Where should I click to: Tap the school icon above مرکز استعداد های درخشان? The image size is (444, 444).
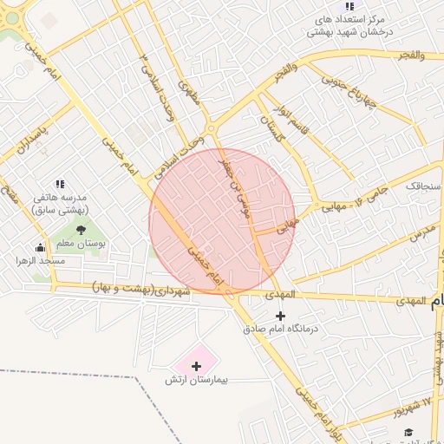(349, 6)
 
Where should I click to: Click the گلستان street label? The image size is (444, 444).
(274, 127)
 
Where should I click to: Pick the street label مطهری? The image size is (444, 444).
(190, 93)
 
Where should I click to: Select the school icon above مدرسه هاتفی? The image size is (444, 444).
(60, 184)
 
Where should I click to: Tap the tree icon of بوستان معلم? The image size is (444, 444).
(81, 231)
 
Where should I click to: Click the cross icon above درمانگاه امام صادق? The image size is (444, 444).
(279, 316)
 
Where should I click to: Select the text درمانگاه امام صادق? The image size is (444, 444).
(279, 330)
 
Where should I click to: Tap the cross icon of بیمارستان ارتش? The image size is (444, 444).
(196, 366)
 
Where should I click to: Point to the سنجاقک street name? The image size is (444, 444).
(424, 186)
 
